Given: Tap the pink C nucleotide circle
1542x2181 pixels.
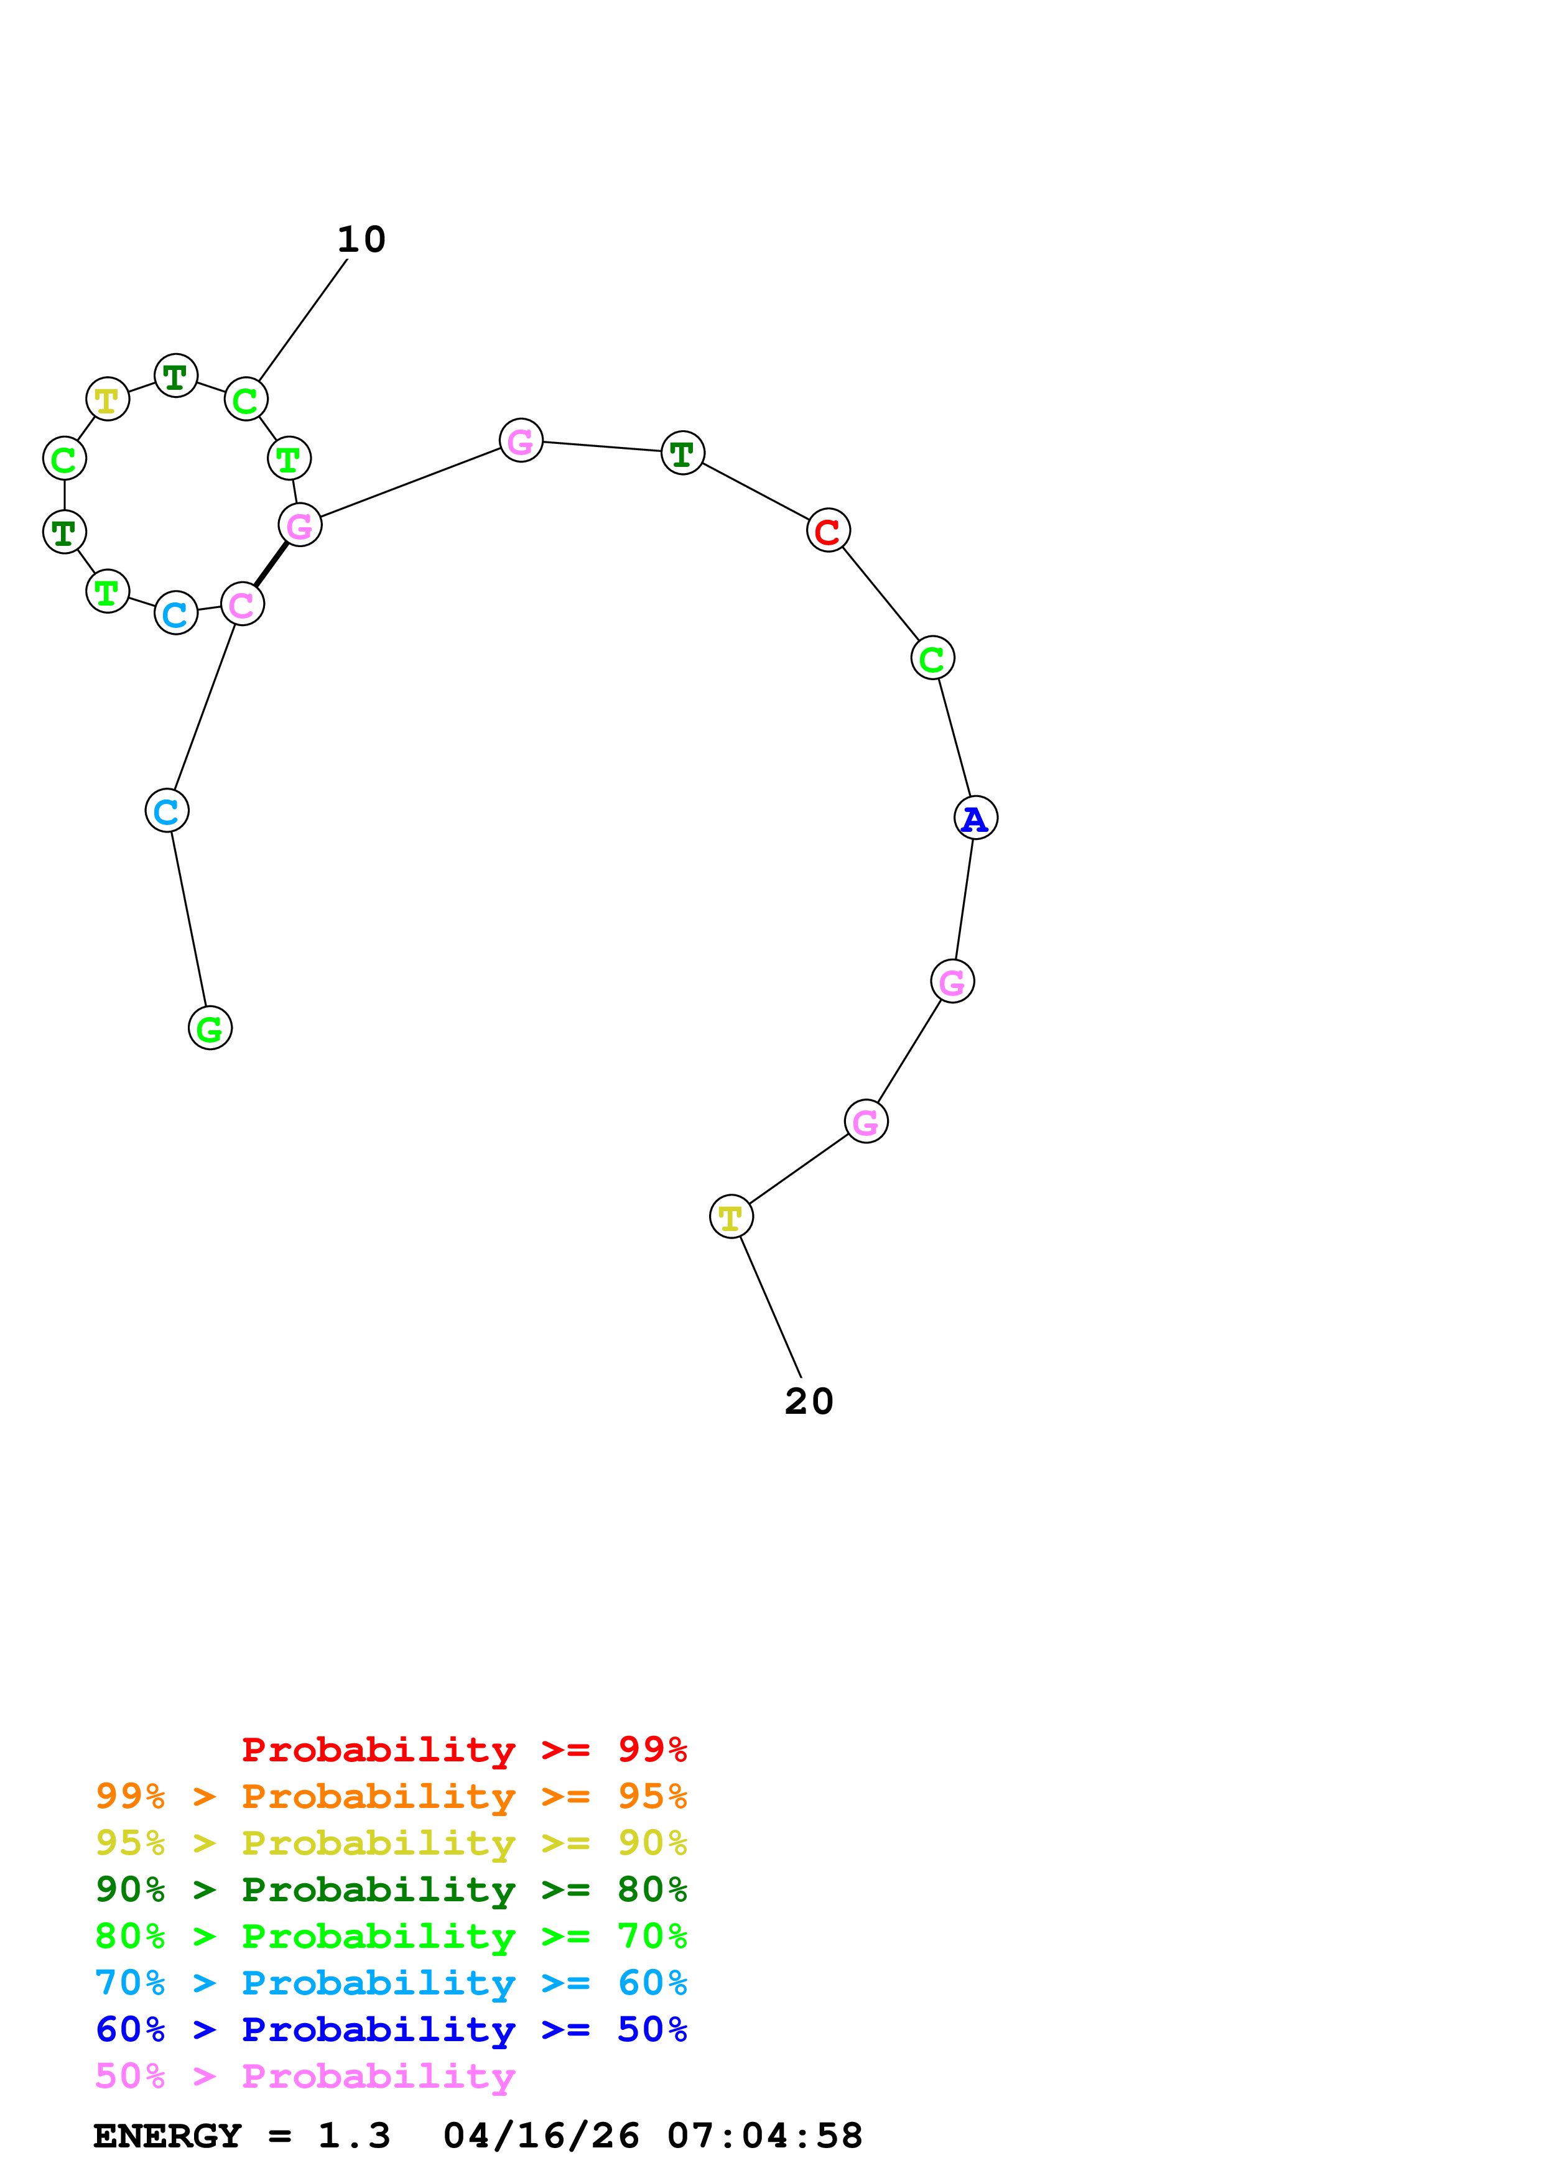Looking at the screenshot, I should pyautogui.click(x=241, y=604).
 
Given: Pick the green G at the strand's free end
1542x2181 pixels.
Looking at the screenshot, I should pyautogui.click(x=210, y=1028).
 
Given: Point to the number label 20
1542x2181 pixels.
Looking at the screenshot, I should pyautogui.click(x=809, y=1401).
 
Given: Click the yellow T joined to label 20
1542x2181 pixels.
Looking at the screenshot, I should pyautogui.click(x=731, y=1216).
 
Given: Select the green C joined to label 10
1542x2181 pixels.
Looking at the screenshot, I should pyautogui.click(x=245, y=400).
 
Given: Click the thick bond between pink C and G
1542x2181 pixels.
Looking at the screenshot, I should pyautogui.click(x=271, y=565).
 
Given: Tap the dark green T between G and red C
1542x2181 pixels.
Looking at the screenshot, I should pyautogui.click(x=682, y=453).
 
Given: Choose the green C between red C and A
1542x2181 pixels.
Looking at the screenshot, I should pyautogui.click(x=932, y=657).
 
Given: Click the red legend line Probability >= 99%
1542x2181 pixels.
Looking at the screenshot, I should pyautogui.click(x=463, y=1749).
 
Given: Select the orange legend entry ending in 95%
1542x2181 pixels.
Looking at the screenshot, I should pyautogui.click(x=391, y=1796).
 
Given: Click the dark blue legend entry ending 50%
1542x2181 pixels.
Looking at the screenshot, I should pyautogui.click(x=391, y=2029).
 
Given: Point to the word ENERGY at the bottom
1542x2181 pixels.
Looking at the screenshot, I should pyautogui.click(x=167, y=2136).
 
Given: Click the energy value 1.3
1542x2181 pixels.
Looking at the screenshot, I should pyautogui.click(x=353, y=2136).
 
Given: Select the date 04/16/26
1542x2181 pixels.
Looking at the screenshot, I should pyautogui.click(x=541, y=2136).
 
